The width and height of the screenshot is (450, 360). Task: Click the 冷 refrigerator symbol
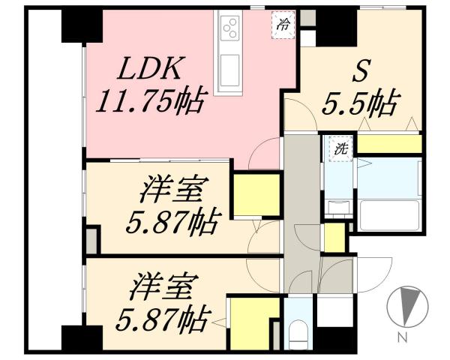tap(283, 23)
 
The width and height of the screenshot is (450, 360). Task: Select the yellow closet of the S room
tap(387, 143)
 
